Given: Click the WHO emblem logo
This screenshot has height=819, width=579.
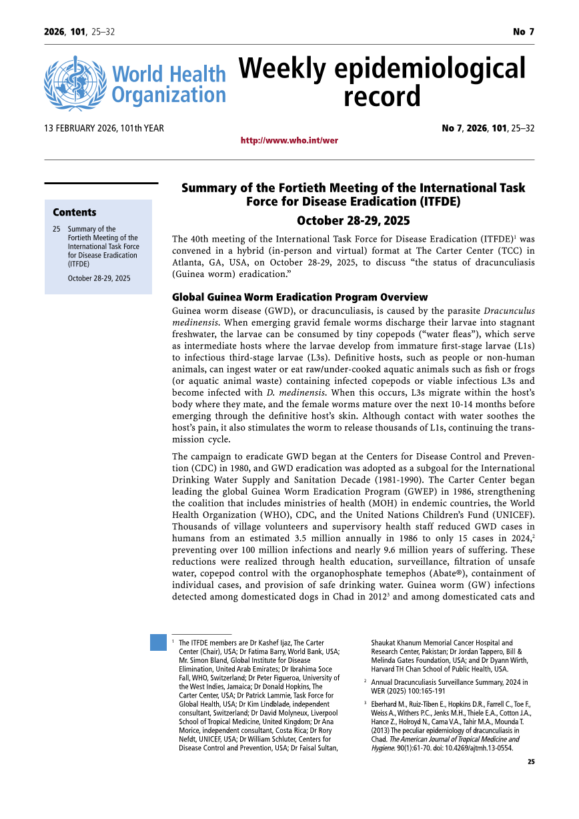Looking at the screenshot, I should [x=75, y=83].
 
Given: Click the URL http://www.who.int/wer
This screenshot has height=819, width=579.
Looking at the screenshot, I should [x=289, y=141].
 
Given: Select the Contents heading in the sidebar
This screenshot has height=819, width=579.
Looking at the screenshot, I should [x=75, y=212].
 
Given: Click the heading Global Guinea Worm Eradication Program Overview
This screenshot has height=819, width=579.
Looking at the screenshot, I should [x=300, y=297].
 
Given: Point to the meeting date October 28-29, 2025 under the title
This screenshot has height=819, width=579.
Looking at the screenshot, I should [x=353, y=221].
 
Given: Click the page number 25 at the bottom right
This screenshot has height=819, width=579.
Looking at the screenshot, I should [x=530, y=762].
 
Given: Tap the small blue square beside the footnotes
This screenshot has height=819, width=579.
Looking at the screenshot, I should [x=158, y=642].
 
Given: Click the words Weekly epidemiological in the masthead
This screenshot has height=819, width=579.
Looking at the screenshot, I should [x=382, y=69].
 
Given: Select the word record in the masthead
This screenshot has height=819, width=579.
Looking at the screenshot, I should [x=382, y=97].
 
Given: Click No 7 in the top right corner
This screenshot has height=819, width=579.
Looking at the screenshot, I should [x=523, y=32].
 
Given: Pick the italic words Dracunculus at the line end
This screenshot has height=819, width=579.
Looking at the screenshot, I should [x=509, y=311].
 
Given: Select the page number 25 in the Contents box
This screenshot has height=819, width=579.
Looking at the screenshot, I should [x=57, y=229].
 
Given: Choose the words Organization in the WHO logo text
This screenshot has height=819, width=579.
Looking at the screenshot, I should [x=169, y=95].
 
